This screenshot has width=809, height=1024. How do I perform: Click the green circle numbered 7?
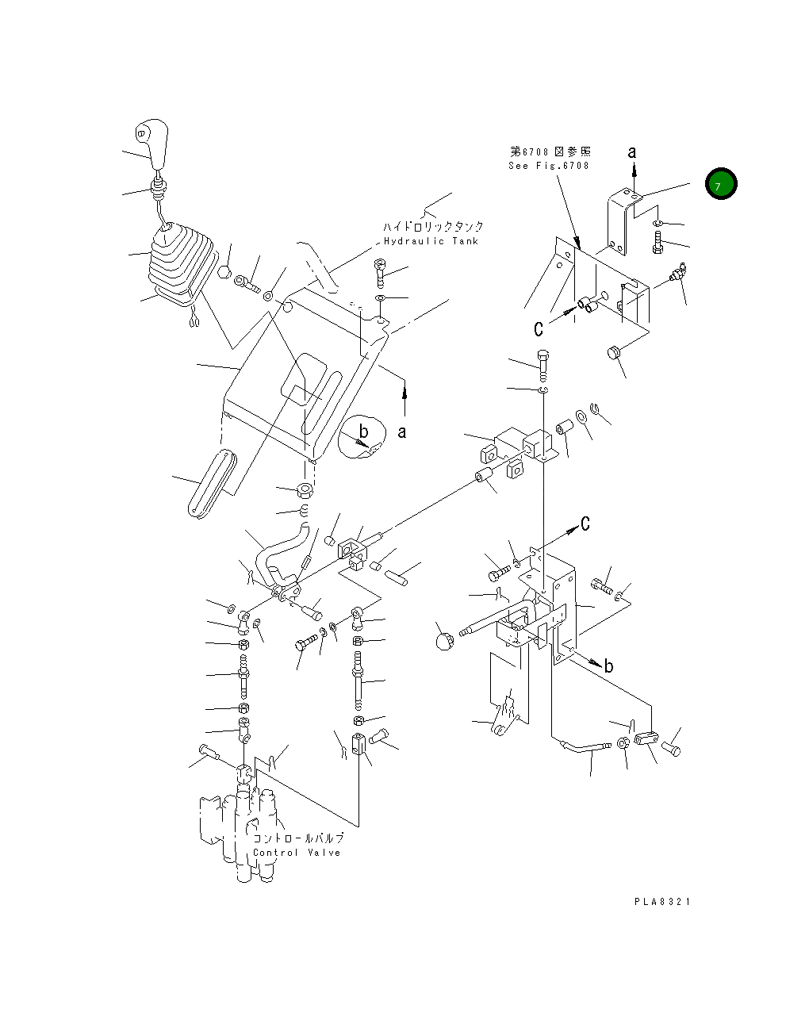(721, 184)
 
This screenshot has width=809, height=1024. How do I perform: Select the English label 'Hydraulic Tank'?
(431, 241)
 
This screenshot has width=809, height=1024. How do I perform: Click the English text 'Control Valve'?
(297, 853)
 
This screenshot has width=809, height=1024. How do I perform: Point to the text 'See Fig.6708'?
(549, 166)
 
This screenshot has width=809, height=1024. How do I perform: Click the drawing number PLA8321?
(662, 902)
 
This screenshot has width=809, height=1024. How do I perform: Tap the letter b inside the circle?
(364, 431)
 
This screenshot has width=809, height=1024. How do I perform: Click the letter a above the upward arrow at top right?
(632, 152)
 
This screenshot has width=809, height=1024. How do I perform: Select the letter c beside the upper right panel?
(539, 328)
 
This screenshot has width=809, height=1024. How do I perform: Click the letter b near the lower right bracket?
(608, 666)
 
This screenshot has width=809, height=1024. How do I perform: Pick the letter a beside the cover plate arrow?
(402, 432)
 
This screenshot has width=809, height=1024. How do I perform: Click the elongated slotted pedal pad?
(213, 483)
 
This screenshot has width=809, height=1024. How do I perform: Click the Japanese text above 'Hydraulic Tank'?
(433, 227)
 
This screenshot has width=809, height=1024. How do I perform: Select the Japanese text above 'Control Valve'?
(298, 838)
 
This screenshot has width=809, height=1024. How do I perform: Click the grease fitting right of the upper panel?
(678, 271)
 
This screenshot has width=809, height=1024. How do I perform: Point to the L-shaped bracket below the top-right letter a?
(624, 221)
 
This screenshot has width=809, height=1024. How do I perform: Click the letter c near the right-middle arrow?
(585, 524)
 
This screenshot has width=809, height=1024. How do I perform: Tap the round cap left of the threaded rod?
(445, 641)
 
